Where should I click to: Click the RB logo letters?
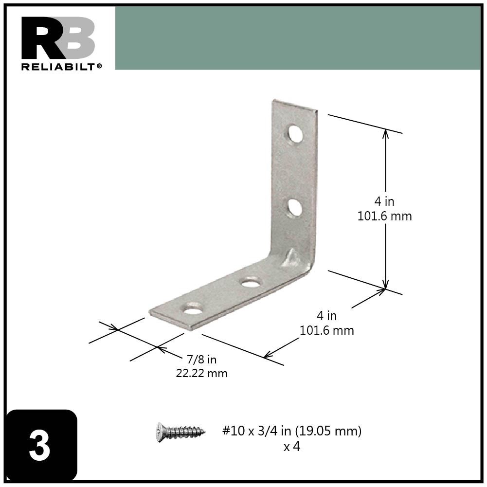pos(58,38)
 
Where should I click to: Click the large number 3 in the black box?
pos(40,446)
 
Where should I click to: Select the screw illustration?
pos(180,432)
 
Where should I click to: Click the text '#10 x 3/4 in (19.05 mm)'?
pos(291,431)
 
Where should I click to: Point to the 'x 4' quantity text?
pos(291,446)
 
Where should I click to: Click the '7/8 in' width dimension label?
pos(201,360)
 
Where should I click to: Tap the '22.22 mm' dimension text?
pos(201,373)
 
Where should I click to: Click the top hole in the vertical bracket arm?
pos(295,134)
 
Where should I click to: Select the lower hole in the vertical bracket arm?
pos(294,208)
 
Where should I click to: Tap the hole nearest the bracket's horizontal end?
pos(193,308)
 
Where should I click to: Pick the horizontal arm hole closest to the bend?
pos(250,281)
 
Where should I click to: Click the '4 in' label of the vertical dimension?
pos(384,201)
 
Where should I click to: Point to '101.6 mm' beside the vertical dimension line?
pos(384,216)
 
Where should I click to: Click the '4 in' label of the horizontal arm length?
pos(326,316)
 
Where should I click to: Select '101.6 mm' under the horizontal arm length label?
pos(326,330)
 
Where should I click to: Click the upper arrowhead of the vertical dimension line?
pos(386,133)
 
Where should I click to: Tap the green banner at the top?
pos(297,38)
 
